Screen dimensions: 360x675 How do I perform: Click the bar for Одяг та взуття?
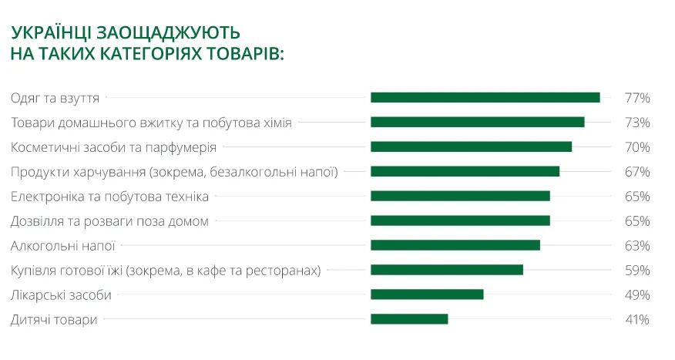485,98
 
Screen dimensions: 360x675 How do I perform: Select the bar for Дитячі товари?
409,319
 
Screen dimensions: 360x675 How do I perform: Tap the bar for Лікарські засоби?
427,294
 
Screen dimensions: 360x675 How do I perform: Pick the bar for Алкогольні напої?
455,245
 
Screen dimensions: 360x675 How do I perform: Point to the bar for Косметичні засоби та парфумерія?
471,147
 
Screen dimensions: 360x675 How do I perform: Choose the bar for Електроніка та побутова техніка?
460,196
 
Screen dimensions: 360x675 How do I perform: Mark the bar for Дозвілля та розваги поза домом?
460,220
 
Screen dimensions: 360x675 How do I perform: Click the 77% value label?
637,98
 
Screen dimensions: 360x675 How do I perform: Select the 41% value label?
637,319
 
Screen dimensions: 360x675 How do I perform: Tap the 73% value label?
637,123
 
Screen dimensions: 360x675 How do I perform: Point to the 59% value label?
637,270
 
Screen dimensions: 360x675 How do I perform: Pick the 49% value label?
637,294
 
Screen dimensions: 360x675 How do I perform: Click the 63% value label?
637,245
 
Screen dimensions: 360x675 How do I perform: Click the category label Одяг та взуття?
55,98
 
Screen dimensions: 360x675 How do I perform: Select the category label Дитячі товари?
54,319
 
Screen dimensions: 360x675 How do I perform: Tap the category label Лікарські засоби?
61,294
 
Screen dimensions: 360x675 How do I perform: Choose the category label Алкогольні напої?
62,245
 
